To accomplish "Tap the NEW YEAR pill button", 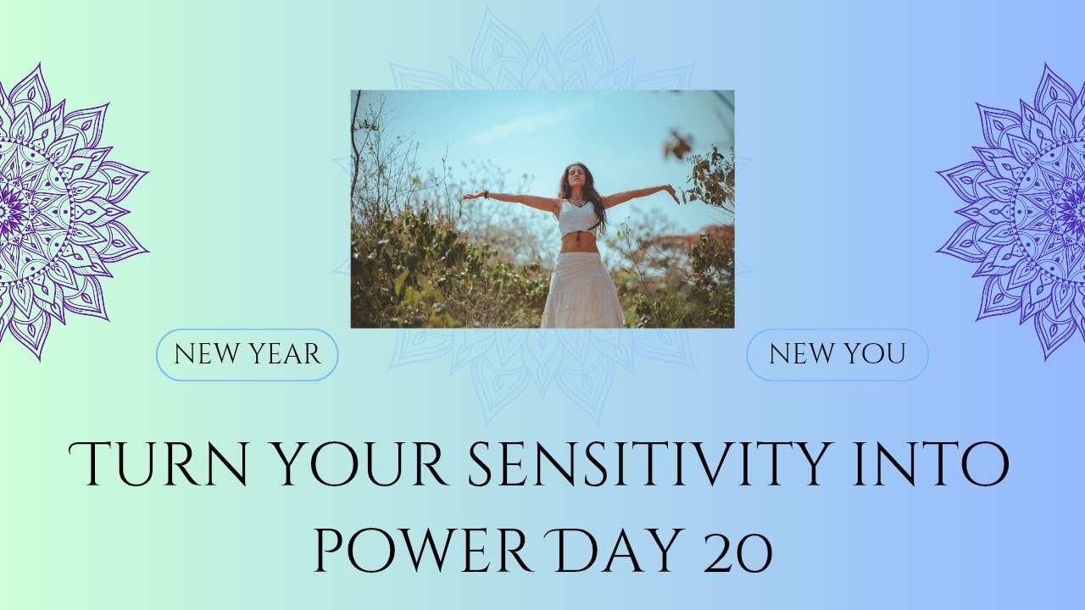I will point(248,354).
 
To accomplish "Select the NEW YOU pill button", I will point(837,354).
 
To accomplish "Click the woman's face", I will point(576,179).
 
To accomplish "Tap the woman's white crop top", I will point(578,218).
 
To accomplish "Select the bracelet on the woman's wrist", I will point(487,194).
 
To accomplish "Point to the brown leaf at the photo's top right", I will point(678,145).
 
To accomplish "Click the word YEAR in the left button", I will point(285,354).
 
